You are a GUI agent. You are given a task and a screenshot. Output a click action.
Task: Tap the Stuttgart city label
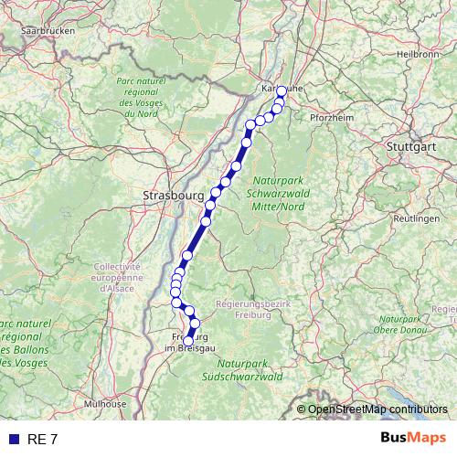[409, 145]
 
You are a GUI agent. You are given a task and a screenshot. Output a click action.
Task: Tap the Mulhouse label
[105, 403]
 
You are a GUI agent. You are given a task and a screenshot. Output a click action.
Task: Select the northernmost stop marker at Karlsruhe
[282, 90]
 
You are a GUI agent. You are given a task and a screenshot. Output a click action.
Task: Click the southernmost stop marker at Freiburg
[188, 342]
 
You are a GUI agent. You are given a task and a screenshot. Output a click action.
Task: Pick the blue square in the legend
[13, 439]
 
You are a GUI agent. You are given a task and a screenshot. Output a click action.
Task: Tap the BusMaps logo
[413, 438]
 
